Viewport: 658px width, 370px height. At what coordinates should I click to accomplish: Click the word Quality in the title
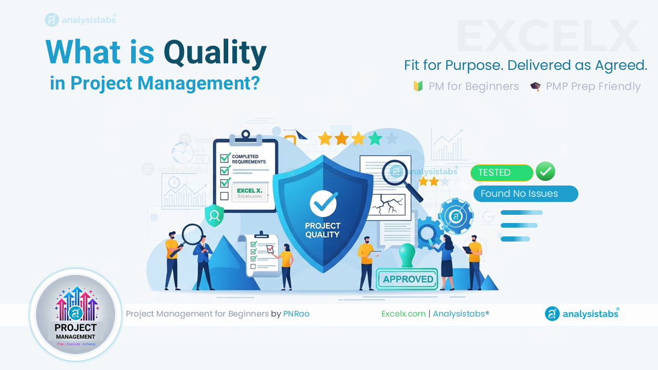[x=215, y=53]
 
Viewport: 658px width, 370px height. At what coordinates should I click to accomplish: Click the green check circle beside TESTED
[x=545, y=172]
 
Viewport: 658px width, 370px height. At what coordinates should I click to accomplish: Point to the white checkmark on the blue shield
[x=323, y=203]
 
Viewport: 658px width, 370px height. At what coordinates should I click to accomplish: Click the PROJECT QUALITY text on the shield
[x=323, y=230]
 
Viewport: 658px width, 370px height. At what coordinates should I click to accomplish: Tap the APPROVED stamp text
[x=408, y=279]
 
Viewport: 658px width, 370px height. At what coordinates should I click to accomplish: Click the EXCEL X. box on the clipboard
[x=249, y=193]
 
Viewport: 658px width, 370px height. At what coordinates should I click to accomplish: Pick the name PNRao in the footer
[x=296, y=313]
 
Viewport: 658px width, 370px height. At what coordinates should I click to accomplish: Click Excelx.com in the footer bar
[x=404, y=313]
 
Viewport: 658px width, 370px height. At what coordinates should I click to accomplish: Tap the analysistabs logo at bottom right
[x=582, y=313]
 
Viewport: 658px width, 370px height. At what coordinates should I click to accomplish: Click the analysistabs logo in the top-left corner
[x=81, y=20]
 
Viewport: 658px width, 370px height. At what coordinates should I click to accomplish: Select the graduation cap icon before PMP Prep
[x=535, y=86]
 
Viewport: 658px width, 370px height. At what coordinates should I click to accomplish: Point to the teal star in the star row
[x=375, y=138]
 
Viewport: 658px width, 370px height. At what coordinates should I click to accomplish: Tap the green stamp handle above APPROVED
[x=407, y=255]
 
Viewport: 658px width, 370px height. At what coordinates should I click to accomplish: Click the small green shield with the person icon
[x=214, y=215]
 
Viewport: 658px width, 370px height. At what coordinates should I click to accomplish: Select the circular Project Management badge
[x=76, y=314]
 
